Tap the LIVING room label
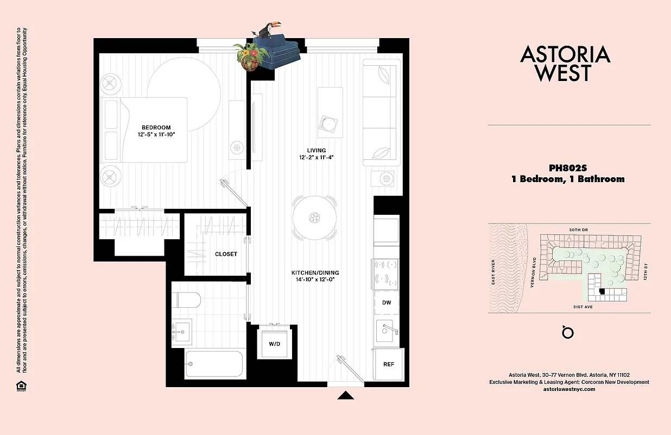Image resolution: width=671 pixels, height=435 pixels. [316, 151]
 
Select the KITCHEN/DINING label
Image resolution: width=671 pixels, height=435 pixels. [315, 272]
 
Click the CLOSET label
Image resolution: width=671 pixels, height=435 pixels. [226, 254]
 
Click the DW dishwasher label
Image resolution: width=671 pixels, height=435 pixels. [387, 302]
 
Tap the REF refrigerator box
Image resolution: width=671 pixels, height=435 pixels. [389, 364]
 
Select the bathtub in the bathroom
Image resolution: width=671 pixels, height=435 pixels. [214, 363]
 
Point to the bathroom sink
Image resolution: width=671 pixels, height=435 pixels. [182, 332]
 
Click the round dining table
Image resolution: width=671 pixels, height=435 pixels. [314, 218]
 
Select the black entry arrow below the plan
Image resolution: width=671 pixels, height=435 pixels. [345, 395]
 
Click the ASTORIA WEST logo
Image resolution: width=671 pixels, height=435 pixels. [565, 64]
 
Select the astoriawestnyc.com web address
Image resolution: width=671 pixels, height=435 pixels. [569, 389]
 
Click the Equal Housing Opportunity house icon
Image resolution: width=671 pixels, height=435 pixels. [21, 386]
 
